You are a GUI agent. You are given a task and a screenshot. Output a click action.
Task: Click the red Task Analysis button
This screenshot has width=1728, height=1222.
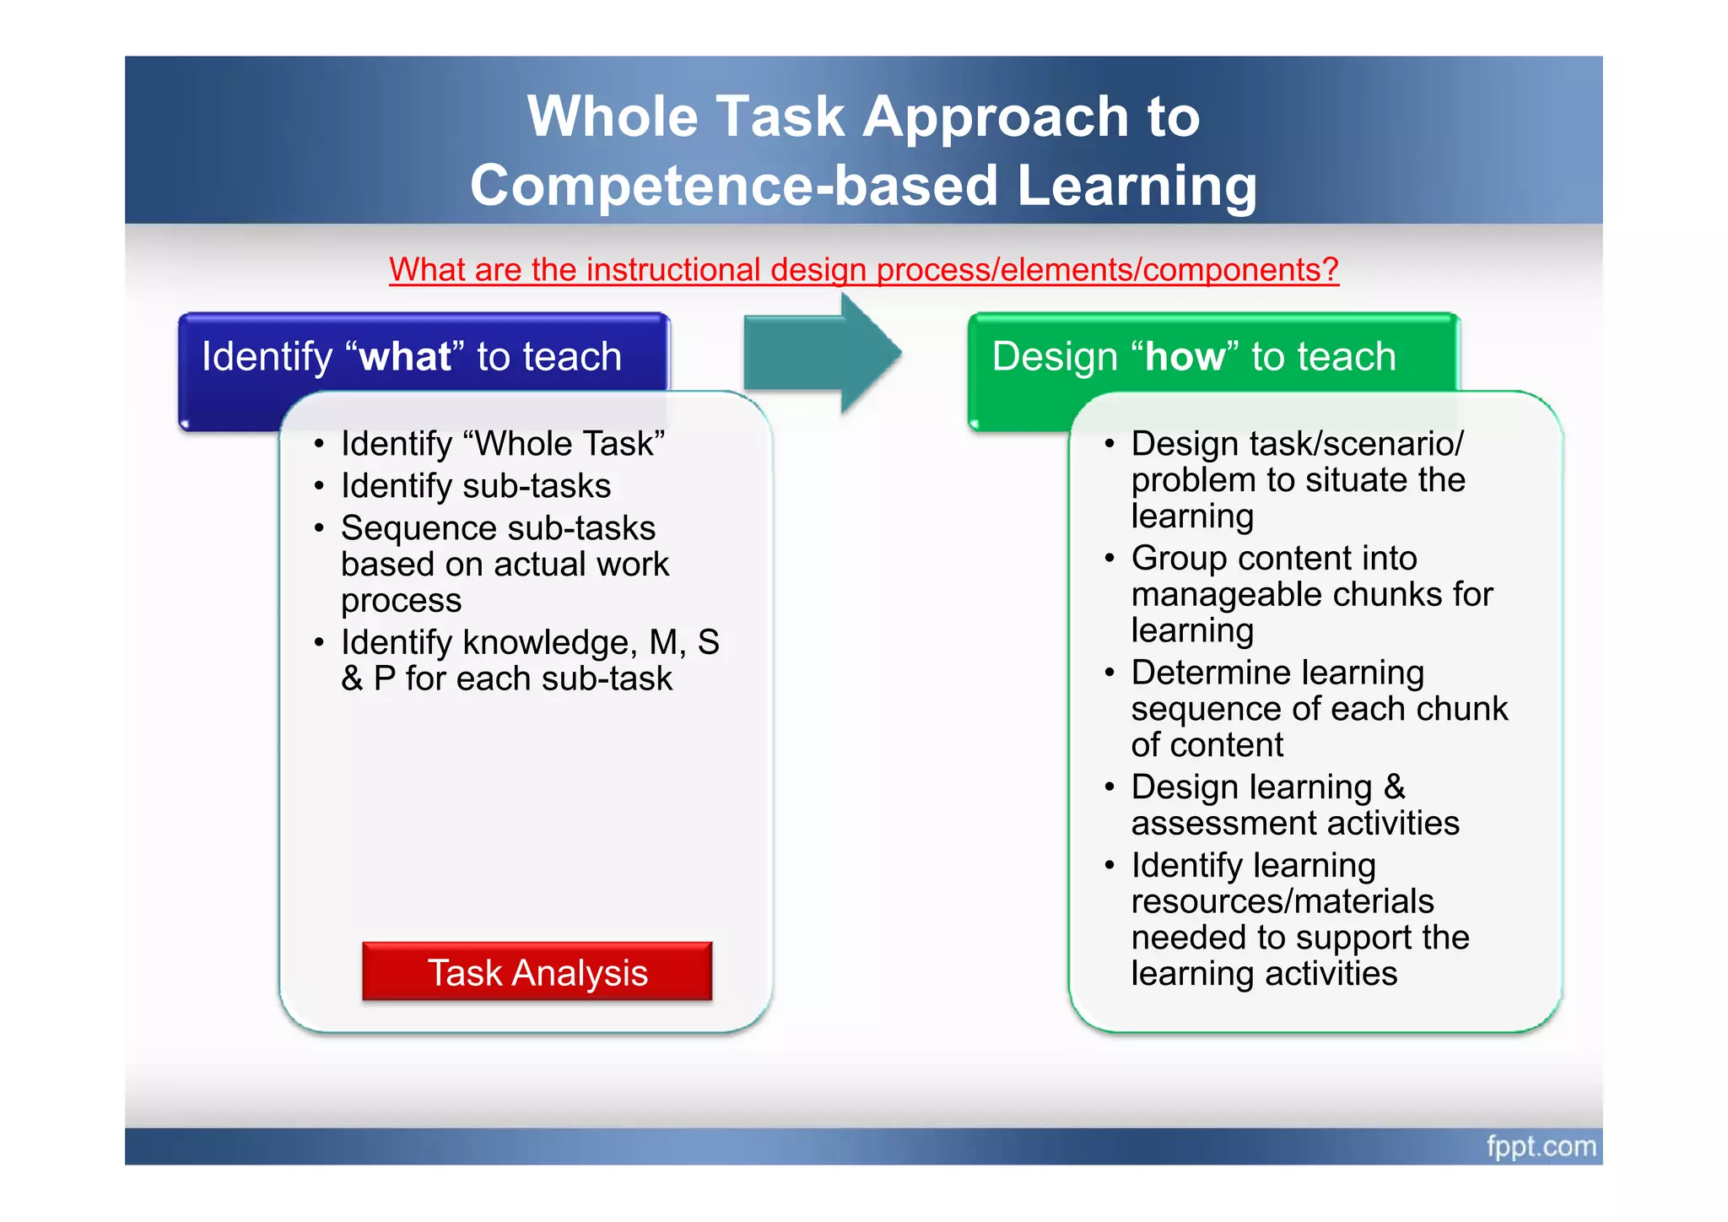coord(537,972)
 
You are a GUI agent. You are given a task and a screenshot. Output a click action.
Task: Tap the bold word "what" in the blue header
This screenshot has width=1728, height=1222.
coord(405,356)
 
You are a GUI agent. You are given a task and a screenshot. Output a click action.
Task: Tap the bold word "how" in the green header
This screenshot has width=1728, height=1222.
coord(1185,356)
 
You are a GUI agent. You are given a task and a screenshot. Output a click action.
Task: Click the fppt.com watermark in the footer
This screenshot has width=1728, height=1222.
coord(1541,1146)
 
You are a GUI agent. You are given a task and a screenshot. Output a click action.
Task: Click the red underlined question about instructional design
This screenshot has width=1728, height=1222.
coord(863,270)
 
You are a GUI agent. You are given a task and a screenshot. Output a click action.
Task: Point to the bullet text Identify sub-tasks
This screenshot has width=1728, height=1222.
coord(476,486)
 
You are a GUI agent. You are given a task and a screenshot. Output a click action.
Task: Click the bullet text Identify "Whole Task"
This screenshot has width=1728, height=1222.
coord(503,444)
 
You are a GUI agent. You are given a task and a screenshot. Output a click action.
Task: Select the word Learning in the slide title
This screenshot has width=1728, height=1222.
coord(1137,186)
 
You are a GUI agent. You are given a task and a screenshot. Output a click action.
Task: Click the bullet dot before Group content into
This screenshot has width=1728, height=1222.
coord(1110,559)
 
